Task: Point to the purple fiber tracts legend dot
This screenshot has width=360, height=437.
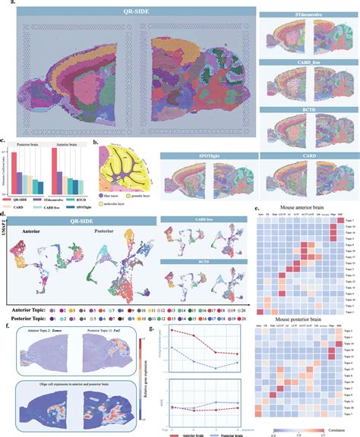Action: click(x=101, y=194)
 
